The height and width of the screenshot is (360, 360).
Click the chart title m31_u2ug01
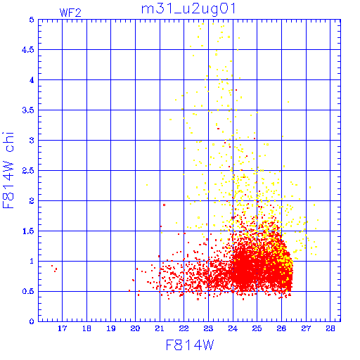pyautogui.click(x=188, y=10)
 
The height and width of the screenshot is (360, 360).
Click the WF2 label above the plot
pyautogui.click(x=70, y=13)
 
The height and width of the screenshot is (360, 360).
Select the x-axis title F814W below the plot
pyautogui.click(x=190, y=345)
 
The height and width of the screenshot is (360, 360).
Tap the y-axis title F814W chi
pyautogui.click(x=8, y=170)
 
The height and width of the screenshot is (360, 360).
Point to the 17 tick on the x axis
pyautogui.click(x=62, y=328)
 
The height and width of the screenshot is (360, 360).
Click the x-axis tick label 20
pyautogui.click(x=135, y=328)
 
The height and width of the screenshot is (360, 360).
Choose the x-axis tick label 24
pyautogui.click(x=233, y=328)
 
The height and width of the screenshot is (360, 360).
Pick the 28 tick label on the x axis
pyautogui.click(x=330, y=328)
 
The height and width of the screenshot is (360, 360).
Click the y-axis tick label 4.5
pyautogui.click(x=28, y=50)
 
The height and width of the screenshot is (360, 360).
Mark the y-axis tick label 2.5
pyautogui.click(x=28, y=171)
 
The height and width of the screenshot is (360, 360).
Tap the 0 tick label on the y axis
pyautogui.click(x=32, y=321)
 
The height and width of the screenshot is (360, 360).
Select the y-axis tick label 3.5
pyautogui.click(x=28, y=110)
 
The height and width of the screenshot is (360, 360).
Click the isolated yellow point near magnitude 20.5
pyautogui.click(x=147, y=185)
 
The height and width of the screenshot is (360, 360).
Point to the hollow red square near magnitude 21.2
pyautogui.click(x=164, y=205)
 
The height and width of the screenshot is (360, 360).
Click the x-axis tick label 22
pyautogui.click(x=184, y=328)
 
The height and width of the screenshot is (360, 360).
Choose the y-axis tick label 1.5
pyautogui.click(x=28, y=231)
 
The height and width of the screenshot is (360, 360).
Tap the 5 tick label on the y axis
pyautogui.click(x=32, y=20)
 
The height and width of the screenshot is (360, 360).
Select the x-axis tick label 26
pyautogui.click(x=281, y=328)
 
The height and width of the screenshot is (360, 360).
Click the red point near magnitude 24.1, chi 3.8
pyautogui.click(x=236, y=90)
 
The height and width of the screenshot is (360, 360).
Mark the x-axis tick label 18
pyautogui.click(x=86, y=328)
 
